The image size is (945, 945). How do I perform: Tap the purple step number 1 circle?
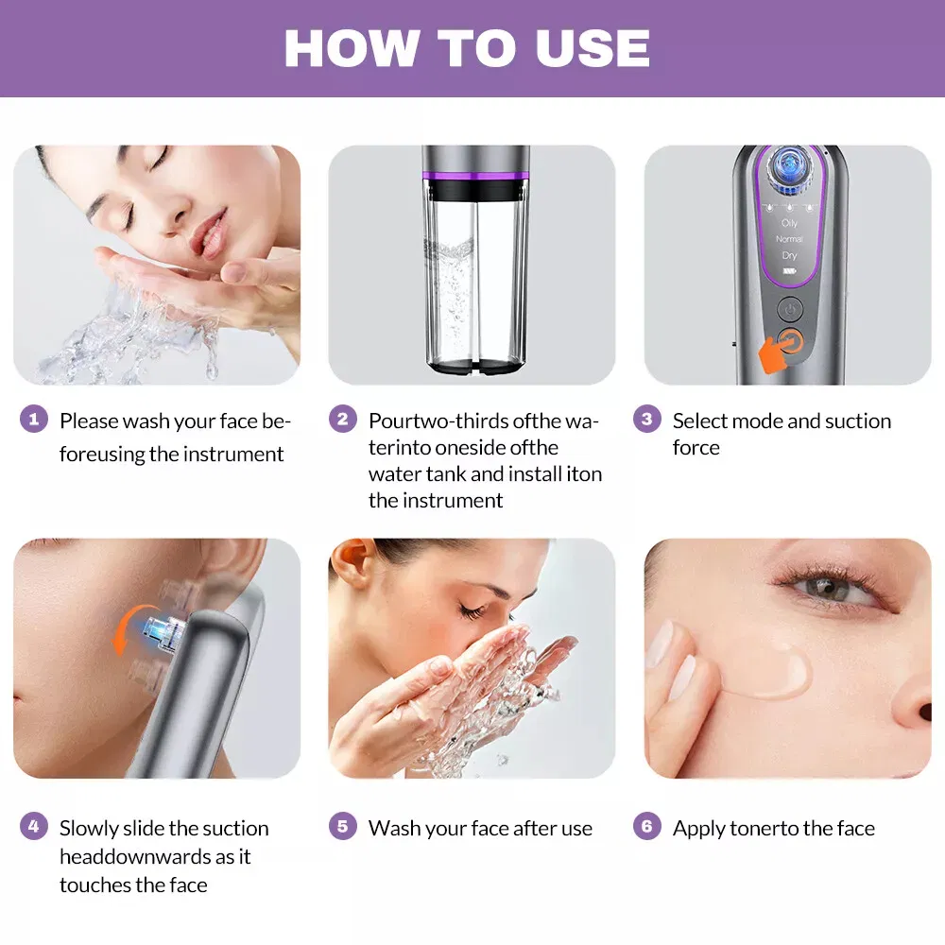click(33, 419)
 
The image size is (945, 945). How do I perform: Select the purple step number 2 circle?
click(342, 419)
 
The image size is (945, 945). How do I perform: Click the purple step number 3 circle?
click(646, 419)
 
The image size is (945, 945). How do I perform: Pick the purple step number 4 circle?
click(33, 827)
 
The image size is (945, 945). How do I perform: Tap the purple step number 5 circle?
click(342, 827)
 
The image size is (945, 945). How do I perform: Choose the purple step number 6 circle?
click(646, 827)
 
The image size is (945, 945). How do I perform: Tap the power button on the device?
click(790, 309)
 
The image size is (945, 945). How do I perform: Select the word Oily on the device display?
click(789, 223)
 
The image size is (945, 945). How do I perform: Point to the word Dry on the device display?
click(789, 255)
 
